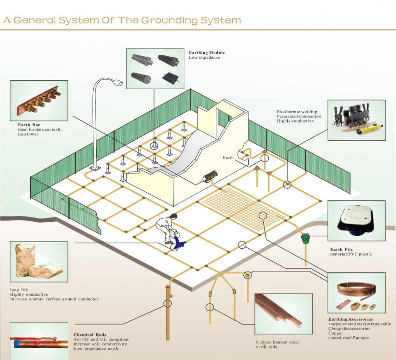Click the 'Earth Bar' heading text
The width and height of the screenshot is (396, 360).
point(29,125)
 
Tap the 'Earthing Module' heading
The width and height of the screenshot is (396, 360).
point(207,53)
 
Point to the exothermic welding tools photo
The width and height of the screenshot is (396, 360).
point(356,120)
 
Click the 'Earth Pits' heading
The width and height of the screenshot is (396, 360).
point(341,250)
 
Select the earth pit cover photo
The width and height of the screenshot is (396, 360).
point(356,221)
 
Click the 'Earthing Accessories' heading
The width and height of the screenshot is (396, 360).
point(350,319)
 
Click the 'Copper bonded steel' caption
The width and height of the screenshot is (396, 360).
point(277,342)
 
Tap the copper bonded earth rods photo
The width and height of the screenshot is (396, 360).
point(283,314)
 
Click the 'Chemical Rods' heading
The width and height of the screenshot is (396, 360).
point(90,335)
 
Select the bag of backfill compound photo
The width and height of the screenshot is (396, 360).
point(38,262)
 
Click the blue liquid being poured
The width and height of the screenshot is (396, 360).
point(179,243)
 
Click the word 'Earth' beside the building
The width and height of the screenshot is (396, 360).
point(228,157)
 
